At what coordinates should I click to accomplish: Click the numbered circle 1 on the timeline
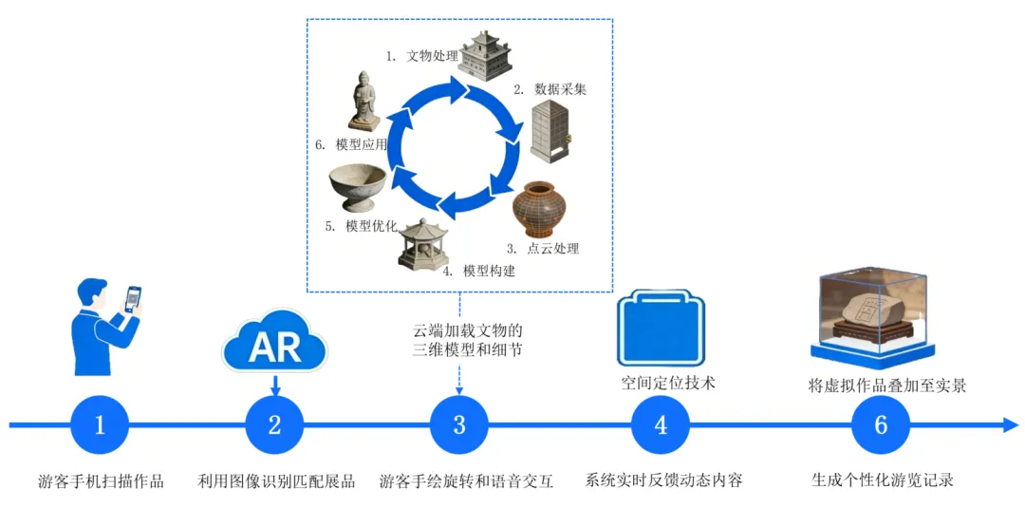(x=100, y=424)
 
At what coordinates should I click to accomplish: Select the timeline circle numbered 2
(x=274, y=424)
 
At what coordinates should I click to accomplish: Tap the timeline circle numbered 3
(x=459, y=424)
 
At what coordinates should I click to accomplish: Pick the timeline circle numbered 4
(x=661, y=424)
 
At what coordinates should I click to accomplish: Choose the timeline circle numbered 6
(x=880, y=424)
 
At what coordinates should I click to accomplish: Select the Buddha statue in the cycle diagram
(x=363, y=101)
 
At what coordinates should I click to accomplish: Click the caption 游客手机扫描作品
(x=101, y=480)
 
